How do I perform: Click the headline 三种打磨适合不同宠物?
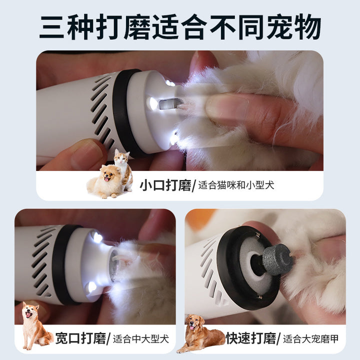pyautogui.click(x=180, y=27)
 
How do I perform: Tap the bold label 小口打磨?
pyautogui.click(x=165, y=185)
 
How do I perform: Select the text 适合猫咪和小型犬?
pyautogui.click(x=236, y=185)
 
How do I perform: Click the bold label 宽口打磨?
pyautogui.click(x=80, y=338)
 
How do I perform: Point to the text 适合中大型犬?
pyautogui.click(x=141, y=339)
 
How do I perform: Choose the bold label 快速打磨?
pyautogui.click(x=250, y=338)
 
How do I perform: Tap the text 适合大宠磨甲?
pyautogui.click(x=311, y=339)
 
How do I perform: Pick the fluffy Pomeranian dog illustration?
pyautogui.click(x=104, y=181)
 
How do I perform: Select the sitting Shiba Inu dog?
pyautogui.click(x=35, y=325)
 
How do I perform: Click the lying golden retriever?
pyautogui.click(x=199, y=333)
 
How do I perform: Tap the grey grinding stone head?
pyautogui.click(x=277, y=259)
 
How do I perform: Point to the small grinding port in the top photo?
pyautogui.click(x=170, y=104)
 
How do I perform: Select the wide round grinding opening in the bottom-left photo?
pyautogui.click(x=114, y=265)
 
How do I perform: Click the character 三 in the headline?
pyautogui.click(x=51, y=27)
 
